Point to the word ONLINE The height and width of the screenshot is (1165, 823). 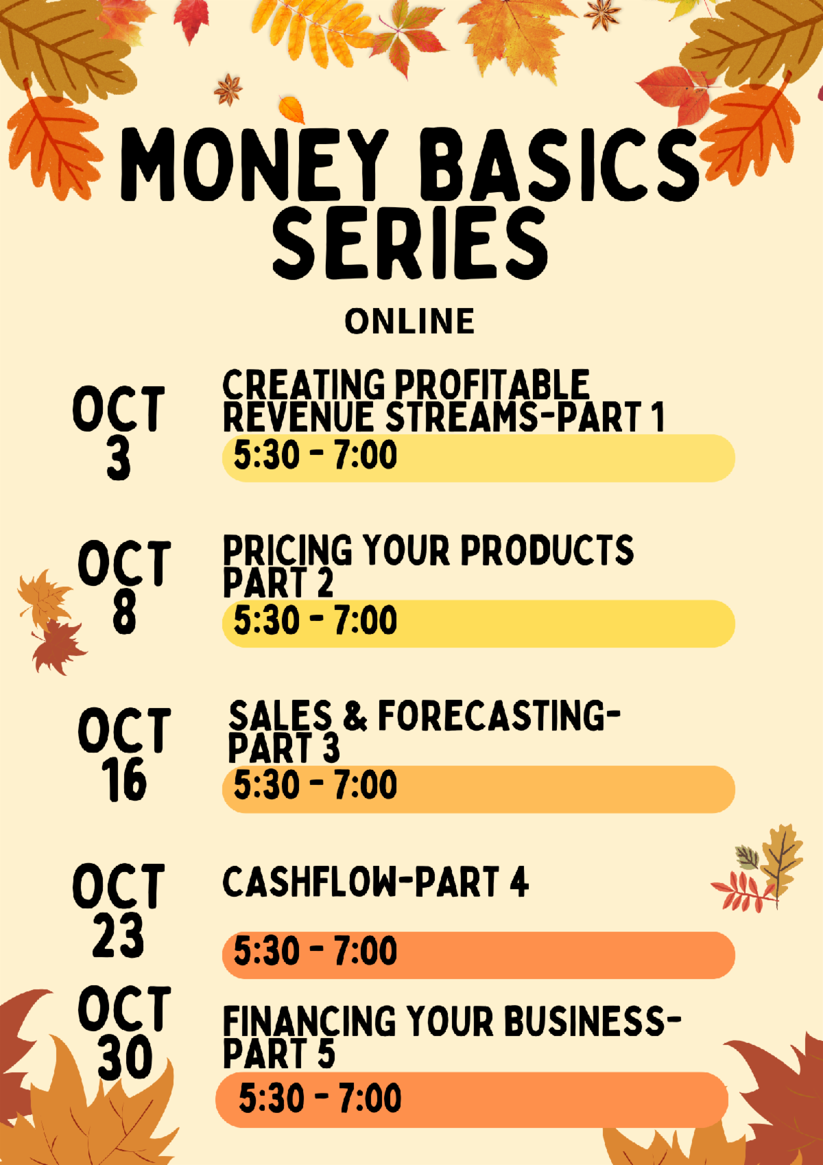[409, 321]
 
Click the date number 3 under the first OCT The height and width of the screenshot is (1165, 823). [119, 457]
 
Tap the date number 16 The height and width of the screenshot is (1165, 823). [124, 779]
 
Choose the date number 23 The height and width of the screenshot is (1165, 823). [118, 934]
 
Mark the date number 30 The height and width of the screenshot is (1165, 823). [125, 1057]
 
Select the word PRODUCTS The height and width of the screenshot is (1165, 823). [547, 550]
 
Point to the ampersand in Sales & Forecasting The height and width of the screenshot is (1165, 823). [355, 715]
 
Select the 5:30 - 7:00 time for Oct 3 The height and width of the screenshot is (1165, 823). [315, 455]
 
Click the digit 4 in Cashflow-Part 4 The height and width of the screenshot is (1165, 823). [519, 882]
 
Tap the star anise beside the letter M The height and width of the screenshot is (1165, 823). [228, 89]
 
